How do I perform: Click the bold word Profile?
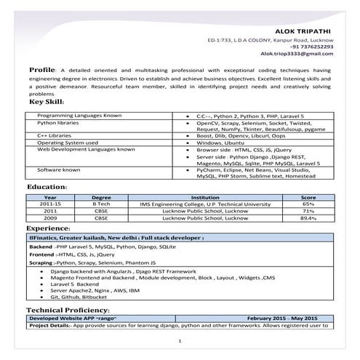pyautogui.click(x=41, y=69)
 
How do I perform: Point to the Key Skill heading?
pyautogui.click(x=48, y=102)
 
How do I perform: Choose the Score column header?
pyautogui.click(x=308, y=197)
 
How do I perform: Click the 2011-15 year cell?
pyautogui.click(x=50, y=204)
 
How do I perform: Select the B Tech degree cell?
pyautogui.click(x=102, y=204)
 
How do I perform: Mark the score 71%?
pyautogui.click(x=308, y=211)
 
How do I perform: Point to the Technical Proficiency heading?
pyautogui.click(x=72, y=311)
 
